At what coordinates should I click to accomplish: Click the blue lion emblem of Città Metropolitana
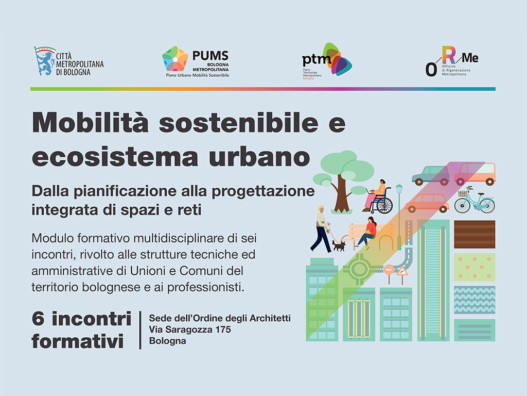[44, 61]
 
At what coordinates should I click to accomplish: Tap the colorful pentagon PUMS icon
[175, 59]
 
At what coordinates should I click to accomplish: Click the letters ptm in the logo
[317, 60]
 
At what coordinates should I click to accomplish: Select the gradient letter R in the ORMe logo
[449, 55]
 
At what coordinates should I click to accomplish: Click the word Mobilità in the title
[90, 123]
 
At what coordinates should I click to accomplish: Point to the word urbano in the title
[259, 157]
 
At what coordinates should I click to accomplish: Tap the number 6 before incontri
[38, 319]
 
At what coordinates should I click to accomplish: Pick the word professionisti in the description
[206, 288]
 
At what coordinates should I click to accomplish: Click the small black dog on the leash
[339, 245]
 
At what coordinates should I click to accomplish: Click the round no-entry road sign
[389, 270]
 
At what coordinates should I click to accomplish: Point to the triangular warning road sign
[402, 271]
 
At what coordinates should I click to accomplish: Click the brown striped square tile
[475, 235]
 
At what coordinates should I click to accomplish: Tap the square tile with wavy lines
[475, 300]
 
